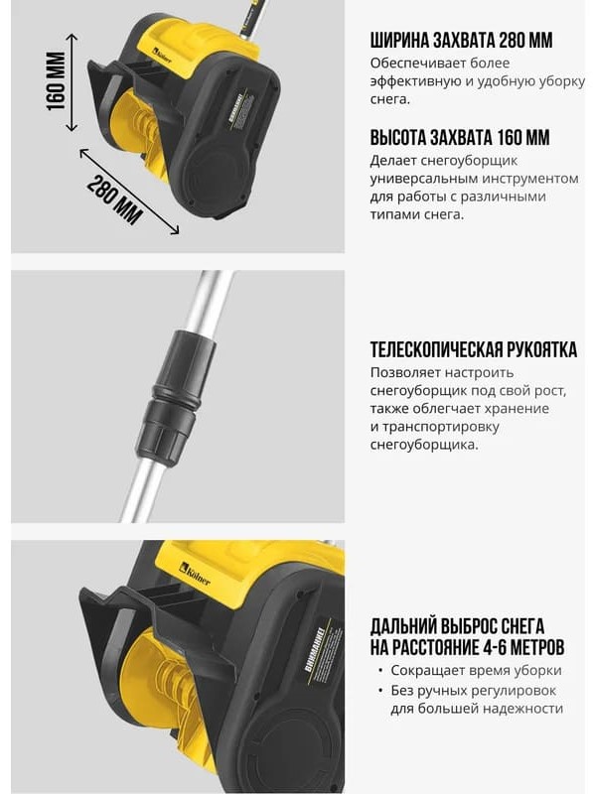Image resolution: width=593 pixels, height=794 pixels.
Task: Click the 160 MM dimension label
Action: [x=57, y=81]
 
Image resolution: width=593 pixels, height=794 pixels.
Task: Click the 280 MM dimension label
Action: [x=114, y=198]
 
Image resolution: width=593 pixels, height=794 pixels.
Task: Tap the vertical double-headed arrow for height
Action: [x=73, y=82]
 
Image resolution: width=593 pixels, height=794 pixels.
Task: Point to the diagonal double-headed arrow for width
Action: [x=129, y=191]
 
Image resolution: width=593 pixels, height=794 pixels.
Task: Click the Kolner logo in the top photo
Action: [x=162, y=56]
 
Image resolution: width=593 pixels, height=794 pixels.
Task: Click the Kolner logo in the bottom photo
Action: [x=195, y=574]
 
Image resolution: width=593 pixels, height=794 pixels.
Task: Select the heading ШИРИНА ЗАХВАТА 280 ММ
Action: [x=461, y=41]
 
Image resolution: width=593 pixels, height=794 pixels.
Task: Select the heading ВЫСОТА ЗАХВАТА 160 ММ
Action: [x=460, y=138]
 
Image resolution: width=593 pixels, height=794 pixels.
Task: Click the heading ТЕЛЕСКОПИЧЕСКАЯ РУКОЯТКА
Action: [x=474, y=349]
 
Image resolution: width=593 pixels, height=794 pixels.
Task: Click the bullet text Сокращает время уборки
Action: [x=476, y=670]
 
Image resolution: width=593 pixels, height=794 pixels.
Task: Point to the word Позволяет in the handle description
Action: [x=405, y=372]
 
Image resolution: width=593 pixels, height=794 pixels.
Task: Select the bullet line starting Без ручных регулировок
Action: [x=477, y=700]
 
